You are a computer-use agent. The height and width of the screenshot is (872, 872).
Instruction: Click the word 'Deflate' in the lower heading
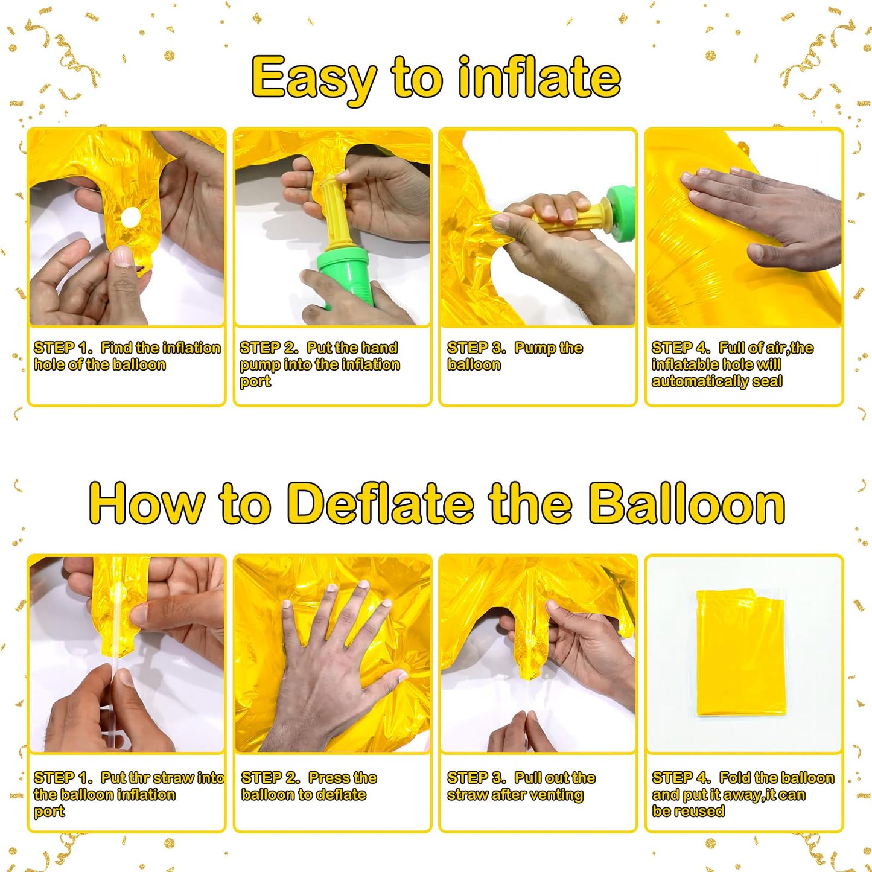tap(381, 504)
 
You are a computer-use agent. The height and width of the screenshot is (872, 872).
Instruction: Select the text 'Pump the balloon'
tap(514, 356)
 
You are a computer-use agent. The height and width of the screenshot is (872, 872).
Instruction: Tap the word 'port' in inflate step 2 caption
tap(255, 382)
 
